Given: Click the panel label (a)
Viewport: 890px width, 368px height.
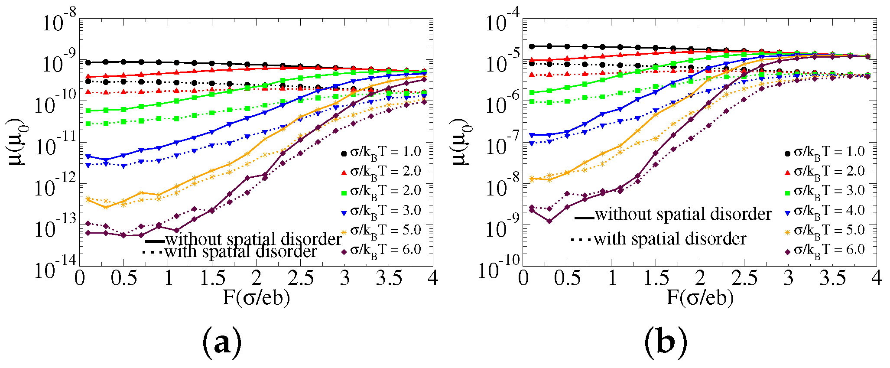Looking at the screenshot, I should tap(222, 341).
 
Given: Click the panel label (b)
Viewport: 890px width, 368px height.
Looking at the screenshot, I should tap(666, 341).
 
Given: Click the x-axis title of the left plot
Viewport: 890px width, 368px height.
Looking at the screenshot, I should tap(256, 297).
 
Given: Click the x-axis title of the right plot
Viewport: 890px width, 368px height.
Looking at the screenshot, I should tap(700, 297).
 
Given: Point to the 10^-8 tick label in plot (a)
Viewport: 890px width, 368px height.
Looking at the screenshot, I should tap(58, 20).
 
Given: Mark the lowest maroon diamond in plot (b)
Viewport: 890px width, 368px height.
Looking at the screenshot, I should tap(549, 221).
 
